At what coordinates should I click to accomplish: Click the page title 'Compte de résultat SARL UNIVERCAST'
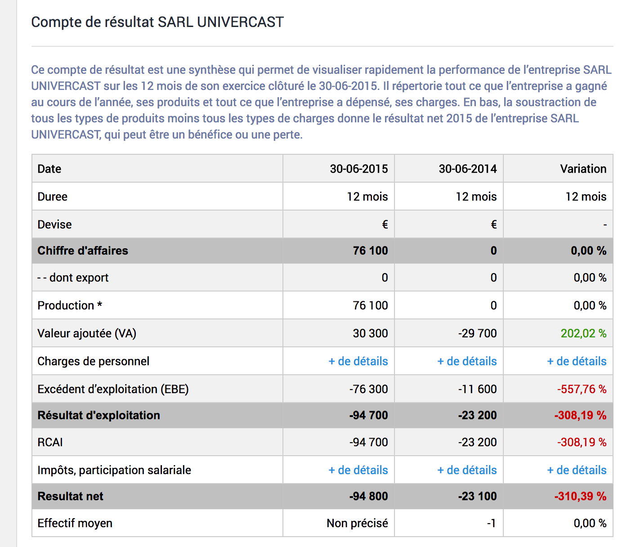[x=157, y=22]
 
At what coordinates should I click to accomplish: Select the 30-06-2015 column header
[x=359, y=169]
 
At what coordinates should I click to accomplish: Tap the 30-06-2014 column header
[x=468, y=169]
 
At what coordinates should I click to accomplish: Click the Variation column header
[x=583, y=169]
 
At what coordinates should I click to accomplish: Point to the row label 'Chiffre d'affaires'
[x=83, y=251]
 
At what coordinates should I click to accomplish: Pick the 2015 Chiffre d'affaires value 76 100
[x=370, y=251]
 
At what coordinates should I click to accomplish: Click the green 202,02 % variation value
[x=583, y=333]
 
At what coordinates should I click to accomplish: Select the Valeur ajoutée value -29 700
[x=478, y=333]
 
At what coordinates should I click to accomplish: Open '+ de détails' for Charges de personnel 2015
[x=358, y=361]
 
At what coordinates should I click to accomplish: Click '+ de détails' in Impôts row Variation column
[x=577, y=470]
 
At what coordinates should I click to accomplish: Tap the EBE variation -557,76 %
[x=582, y=389]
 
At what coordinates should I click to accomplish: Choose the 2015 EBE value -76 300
[x=369, y=389]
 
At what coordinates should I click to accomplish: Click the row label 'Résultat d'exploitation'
[x=99, y=415]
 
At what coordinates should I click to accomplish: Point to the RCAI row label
[x=50, y=442]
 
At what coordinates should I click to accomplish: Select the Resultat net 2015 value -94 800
[x=369, y=496]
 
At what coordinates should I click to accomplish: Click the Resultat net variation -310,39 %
[x=580, y=496]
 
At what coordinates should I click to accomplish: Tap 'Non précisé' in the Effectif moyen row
[x=357, y=523]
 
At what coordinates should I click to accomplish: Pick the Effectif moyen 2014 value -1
[x=492, y=523]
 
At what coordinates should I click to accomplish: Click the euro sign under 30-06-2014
[x=493, y=224]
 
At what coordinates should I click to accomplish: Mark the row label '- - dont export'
[x=73, y=278]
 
